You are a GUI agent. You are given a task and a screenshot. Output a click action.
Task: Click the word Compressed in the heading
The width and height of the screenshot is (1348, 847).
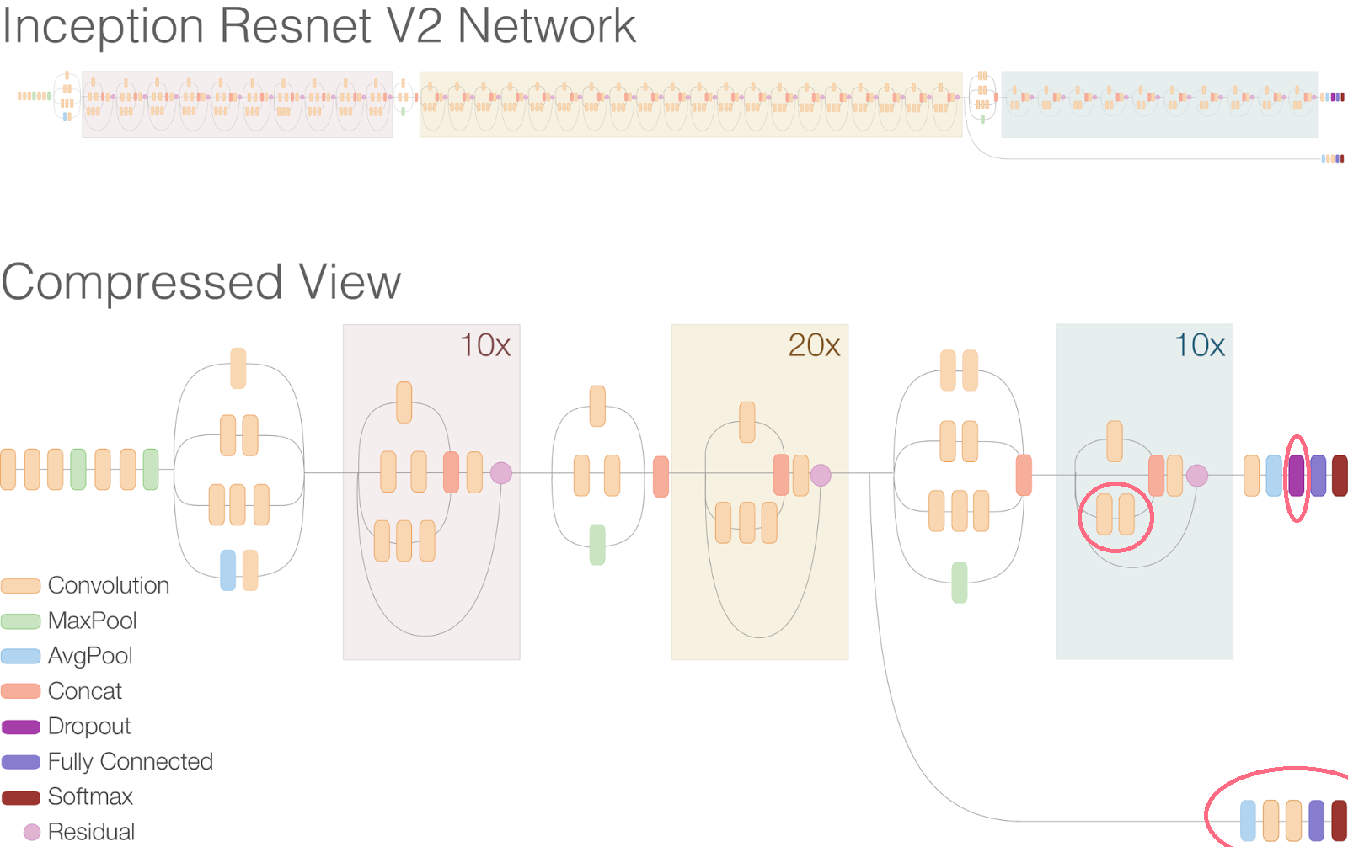[x=142, y=283]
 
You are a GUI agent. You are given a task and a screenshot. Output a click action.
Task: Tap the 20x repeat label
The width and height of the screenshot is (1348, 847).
[x=813, y=345]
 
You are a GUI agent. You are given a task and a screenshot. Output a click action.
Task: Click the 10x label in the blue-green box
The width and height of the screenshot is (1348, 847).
[x=1199, y=345]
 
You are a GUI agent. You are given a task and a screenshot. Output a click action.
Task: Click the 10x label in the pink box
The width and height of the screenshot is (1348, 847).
[x=484, y=345]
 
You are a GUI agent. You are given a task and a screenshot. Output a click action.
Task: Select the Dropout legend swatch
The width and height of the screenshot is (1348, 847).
[x=21, y=727]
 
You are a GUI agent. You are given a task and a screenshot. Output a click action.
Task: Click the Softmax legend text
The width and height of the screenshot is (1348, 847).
[x=90, y=796]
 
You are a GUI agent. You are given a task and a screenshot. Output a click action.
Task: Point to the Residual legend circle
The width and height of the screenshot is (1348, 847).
[x=32, y=832]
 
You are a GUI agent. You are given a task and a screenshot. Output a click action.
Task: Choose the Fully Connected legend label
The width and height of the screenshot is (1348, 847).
[x=130, y=761]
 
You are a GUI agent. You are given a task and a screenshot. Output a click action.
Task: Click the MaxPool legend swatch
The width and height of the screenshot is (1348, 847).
[x=21, y=621]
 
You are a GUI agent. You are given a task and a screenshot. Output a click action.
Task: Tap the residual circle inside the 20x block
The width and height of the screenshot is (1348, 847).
[x=821, y=475]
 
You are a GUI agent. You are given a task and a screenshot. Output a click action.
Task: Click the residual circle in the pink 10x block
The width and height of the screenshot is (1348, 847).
[x=501, y=473]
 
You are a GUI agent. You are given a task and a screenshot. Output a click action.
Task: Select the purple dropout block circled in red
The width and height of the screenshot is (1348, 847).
[x=1296, y=476]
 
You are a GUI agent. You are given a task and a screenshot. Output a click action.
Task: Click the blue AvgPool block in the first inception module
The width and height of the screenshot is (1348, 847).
[x=227, y=570]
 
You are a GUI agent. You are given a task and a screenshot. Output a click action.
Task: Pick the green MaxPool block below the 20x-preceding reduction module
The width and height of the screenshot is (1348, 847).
[x=597, y=544]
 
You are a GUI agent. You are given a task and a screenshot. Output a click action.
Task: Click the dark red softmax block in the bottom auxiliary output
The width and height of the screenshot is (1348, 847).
[x=1339, y=821]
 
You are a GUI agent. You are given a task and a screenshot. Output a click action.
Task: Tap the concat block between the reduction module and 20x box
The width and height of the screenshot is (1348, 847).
[x=661, y=477]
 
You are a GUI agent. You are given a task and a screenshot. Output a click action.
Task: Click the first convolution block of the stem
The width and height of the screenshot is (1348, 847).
[x=8, y=470]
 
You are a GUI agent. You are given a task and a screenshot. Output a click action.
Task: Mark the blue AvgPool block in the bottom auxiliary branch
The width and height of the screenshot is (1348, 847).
[x=1248, y=821]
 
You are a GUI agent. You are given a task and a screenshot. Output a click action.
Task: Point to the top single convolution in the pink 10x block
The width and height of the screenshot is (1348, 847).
[x=404, y=402]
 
